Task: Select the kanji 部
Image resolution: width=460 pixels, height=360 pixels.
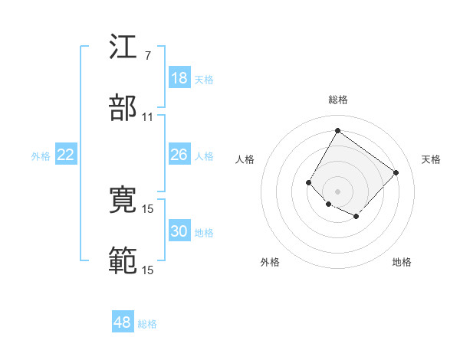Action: coord(123,109)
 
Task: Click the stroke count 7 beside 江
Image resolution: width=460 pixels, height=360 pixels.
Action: coord(147,56)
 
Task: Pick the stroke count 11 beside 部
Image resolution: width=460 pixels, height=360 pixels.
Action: coord(148,117)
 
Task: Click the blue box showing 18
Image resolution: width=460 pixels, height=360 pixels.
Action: coord(179,78)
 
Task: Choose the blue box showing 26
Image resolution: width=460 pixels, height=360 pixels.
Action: coord(179,155)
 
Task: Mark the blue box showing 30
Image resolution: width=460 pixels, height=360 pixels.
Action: coord(179,231)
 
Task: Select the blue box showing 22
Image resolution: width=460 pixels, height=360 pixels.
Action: coord(66,155)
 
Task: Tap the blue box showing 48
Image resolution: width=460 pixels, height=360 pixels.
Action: coord(123,322)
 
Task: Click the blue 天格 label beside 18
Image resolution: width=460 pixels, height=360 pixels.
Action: coord(203,79)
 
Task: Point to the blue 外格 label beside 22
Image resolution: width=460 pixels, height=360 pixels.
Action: coord(41,155)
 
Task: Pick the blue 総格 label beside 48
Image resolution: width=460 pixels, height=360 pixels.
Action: coord(147,323)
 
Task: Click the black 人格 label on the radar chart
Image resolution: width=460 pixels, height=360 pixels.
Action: coord(245,159)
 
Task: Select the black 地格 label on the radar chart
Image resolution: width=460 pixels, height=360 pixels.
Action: coord(402,262)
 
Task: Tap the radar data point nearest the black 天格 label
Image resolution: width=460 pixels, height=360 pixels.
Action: coord(396,172)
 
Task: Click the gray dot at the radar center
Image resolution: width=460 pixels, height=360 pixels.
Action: coord(337,191)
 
